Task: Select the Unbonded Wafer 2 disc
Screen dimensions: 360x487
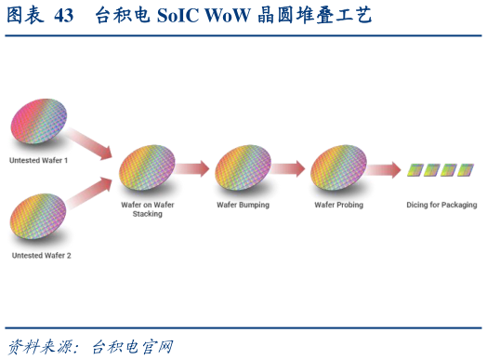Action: (39, 215)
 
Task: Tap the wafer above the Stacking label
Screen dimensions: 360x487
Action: (147, 169)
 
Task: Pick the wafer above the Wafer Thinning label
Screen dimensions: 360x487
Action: (243, 168)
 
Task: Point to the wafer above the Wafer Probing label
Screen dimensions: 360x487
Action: (338, 168)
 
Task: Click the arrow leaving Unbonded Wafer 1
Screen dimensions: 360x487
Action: (89, 140)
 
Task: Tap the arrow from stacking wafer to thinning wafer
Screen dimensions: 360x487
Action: (192, 168)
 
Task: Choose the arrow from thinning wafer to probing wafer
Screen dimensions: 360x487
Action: (288, 168)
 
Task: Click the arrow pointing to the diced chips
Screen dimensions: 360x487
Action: (384, 169)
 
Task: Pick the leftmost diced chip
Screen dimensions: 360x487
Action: (415, 169)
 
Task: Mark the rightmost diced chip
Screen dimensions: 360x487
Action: (466, 169)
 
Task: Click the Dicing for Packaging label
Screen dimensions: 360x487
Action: (441, 204)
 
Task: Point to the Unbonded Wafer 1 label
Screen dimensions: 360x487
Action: (39, 161)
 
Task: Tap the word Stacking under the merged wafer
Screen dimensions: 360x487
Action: (148, 214)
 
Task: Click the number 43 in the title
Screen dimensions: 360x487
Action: (64, 16)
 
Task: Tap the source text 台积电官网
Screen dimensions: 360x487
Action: (131, 346)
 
